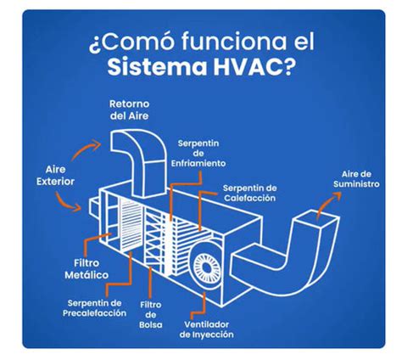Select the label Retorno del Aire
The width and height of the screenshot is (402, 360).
(x=130, y=110)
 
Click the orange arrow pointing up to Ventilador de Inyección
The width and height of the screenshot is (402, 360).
(x=203, y=302)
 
